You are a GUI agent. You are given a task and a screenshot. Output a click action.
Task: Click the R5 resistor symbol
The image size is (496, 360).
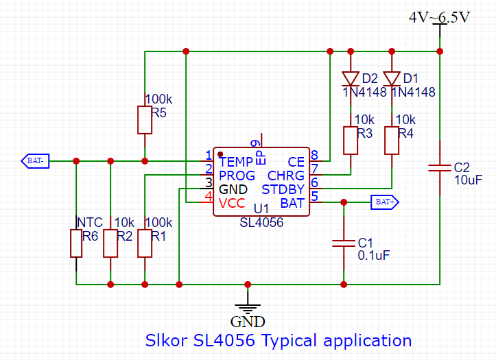[x=145, y=120]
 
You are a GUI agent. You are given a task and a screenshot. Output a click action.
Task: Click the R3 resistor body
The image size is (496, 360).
[x=351, y=140]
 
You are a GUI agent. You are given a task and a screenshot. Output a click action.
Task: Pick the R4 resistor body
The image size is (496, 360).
[x=392, y=140]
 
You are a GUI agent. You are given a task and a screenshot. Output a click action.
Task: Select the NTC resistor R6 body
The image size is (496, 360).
[x=76, y=243]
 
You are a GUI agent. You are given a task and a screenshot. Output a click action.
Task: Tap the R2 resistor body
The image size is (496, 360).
[x=110, y=243]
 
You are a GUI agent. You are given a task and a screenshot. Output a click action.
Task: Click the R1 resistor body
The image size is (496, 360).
[x=145, y=243]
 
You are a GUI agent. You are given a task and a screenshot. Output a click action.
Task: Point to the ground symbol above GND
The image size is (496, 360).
[x=247, y=307]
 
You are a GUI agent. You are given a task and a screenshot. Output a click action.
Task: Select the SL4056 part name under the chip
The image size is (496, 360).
[x=261, y=223]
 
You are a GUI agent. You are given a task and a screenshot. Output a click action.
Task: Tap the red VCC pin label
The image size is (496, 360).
[x=231, y=204]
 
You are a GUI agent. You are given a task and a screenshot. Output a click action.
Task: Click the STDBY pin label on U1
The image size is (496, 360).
[x=283, y=190]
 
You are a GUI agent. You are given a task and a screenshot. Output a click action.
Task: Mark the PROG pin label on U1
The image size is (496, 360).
[x=237, y=176]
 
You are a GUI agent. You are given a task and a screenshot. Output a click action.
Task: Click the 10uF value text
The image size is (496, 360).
[x=469, y=180]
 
